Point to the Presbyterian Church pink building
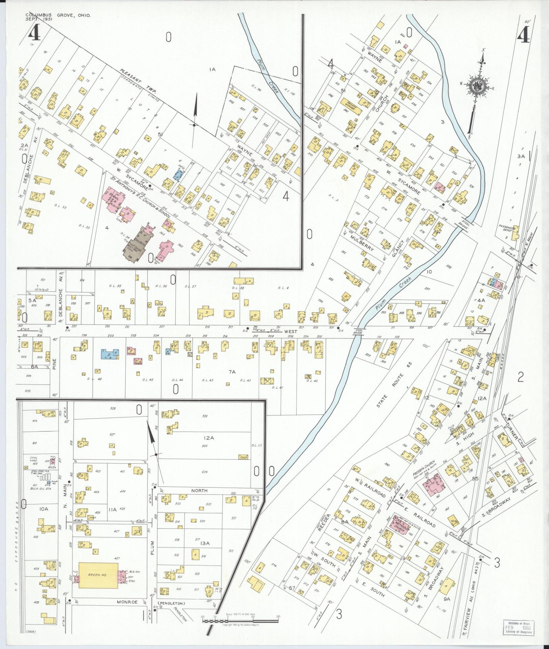pos(435,485)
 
